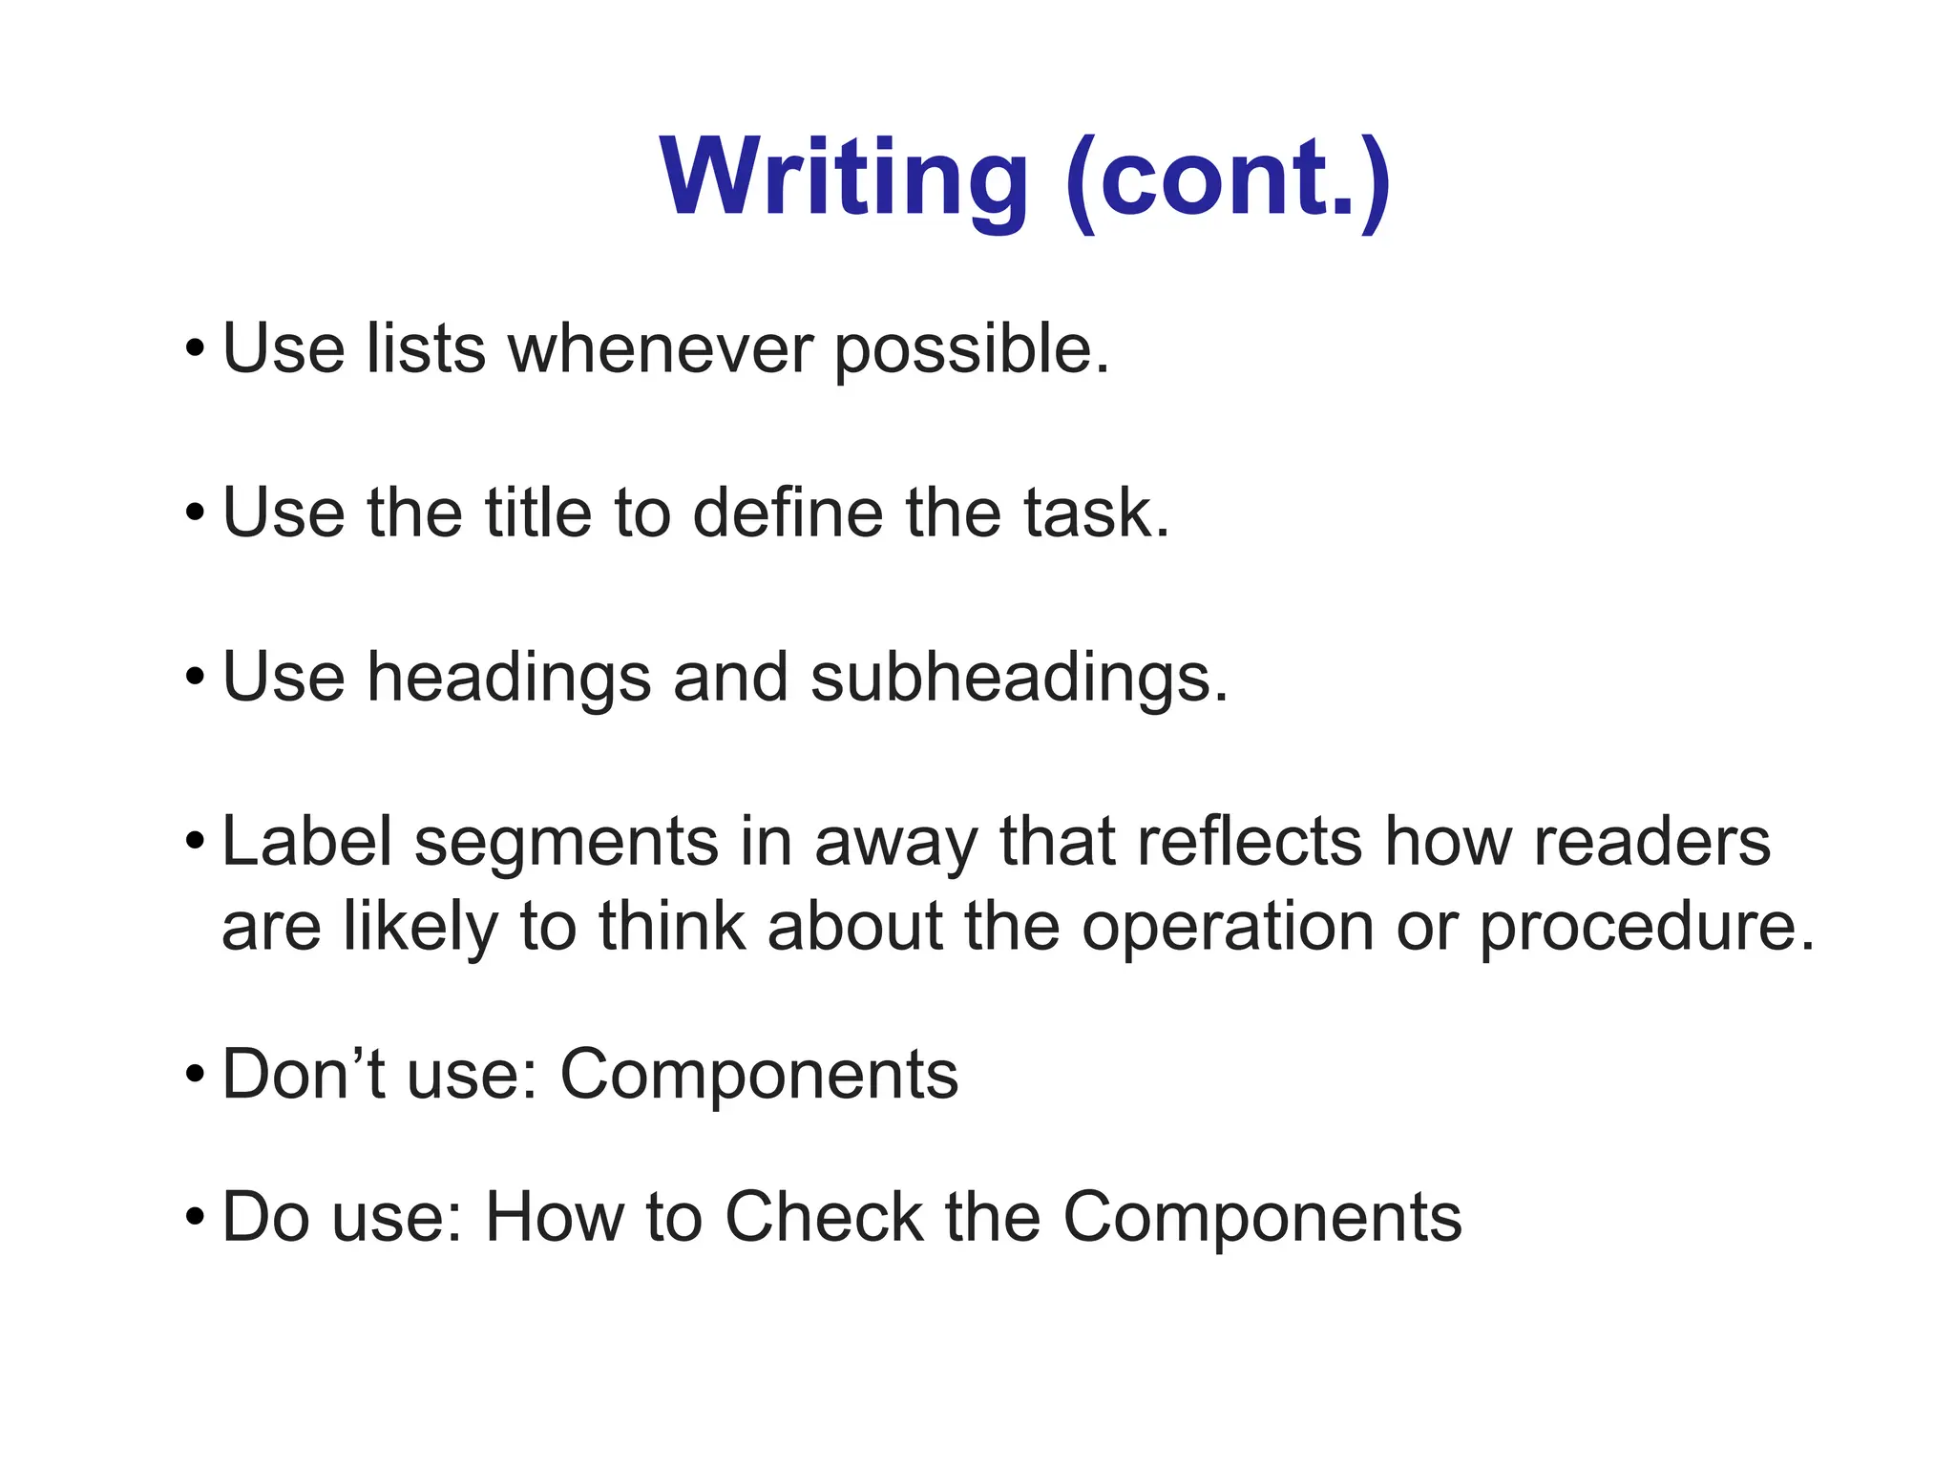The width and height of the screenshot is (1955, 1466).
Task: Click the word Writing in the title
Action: point(844,178)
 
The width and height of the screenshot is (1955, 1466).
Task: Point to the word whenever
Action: point(660,348)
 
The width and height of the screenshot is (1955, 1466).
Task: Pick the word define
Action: point(787,513)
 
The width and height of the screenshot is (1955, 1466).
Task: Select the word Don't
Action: point(304,1075)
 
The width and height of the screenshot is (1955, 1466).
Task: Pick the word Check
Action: point(824,1217)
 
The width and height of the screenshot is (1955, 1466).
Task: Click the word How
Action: point(554,1217)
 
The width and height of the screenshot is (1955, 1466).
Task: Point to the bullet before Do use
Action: point(195,1218)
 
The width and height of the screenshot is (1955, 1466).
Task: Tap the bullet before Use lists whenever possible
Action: point(195,349)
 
